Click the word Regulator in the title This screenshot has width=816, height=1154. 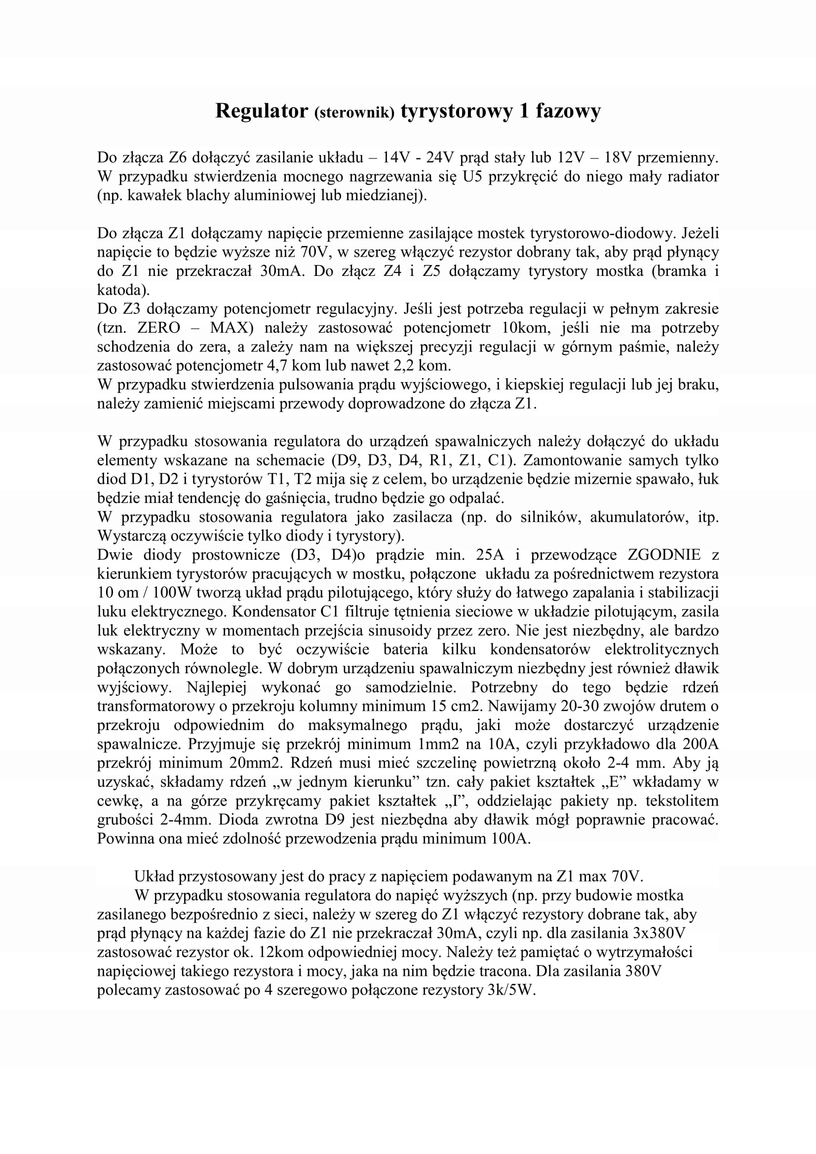coord(261,111)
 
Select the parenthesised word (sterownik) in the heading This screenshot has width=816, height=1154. coord(354,113)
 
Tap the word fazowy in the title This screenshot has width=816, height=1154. coord(568,111)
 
